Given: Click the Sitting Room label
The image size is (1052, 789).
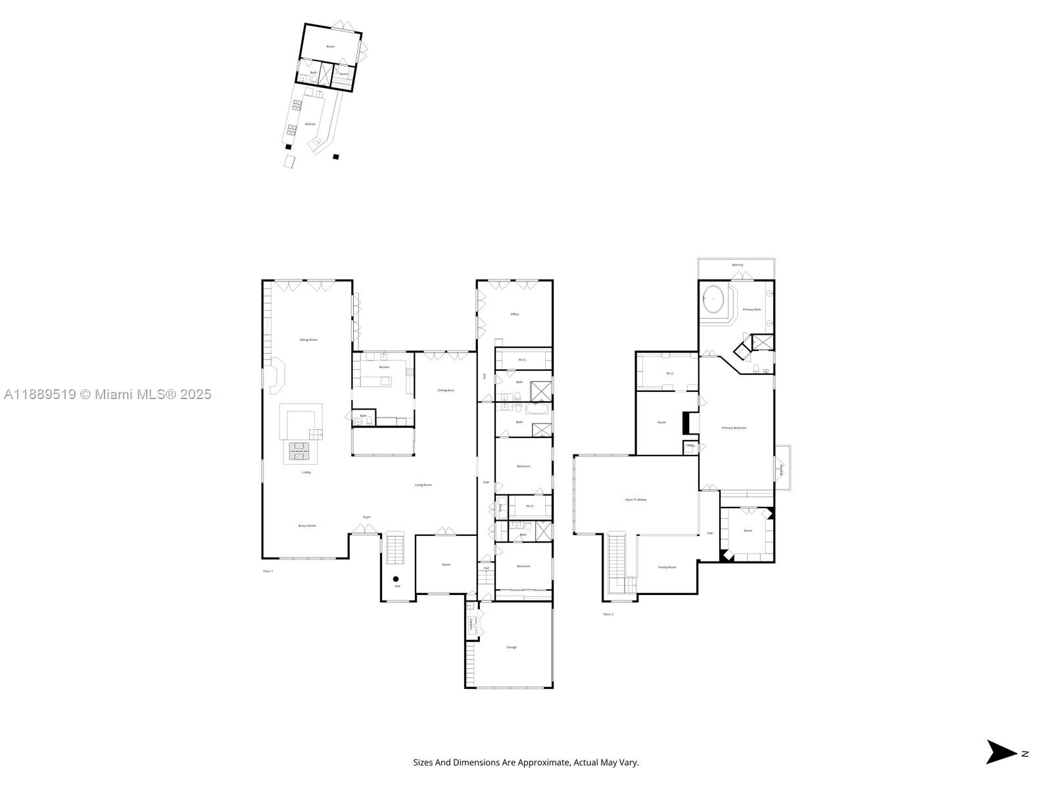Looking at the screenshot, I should [308, 340].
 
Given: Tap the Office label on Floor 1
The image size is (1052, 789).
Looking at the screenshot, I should [515, 314].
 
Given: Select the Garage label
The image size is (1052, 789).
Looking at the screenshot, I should [512, 647].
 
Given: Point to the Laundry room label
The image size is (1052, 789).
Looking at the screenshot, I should [471, 623].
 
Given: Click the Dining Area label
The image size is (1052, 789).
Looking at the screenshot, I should [446, 391].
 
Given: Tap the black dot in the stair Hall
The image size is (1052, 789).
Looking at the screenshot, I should [396, 579].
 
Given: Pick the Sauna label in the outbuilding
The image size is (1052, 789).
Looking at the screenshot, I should [344, 74].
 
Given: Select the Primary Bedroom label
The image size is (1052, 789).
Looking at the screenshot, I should [734, 428].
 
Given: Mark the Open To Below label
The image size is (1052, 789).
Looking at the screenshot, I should [635, 500].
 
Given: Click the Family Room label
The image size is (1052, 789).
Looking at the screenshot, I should [667, 567].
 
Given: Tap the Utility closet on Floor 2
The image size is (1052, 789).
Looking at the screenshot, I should [690, 446].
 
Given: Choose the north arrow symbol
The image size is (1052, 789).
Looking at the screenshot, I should [1001, 752].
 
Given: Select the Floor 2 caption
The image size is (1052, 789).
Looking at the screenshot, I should [608, 614].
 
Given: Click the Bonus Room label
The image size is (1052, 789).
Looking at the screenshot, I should [307, 525].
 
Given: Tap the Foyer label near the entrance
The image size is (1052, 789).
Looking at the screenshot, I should [367, 517].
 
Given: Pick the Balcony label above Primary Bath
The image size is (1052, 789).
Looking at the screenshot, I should [738, 265].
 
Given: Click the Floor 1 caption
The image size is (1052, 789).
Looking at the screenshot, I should [268, 571].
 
